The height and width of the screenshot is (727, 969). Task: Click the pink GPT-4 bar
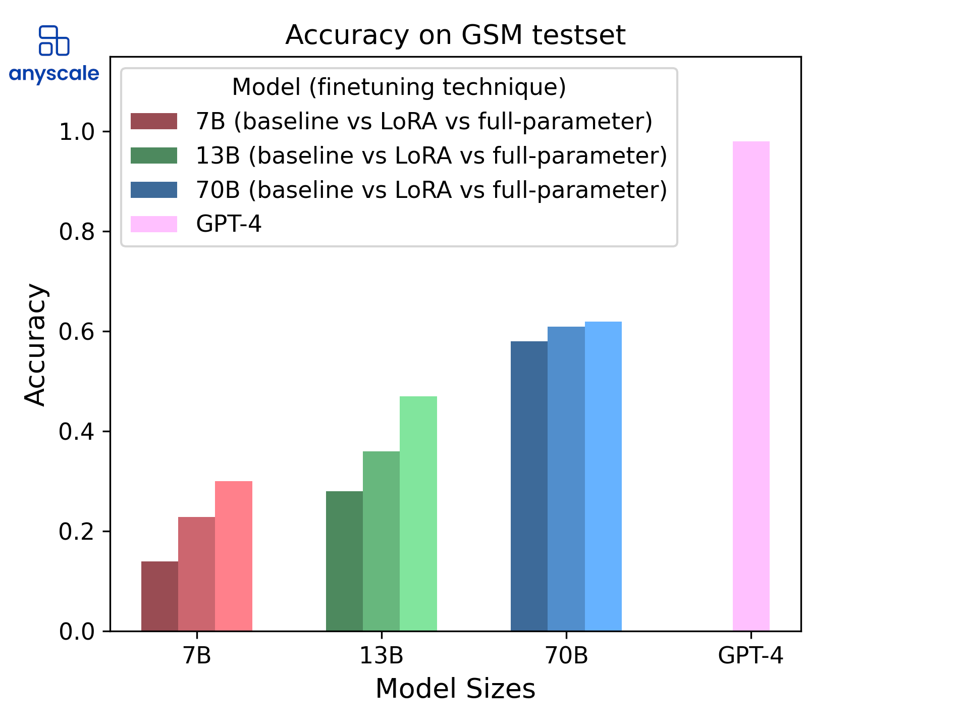[x=751, y=386]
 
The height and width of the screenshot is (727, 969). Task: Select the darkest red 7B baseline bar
[x=159, y=596]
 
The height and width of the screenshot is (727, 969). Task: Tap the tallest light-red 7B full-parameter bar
[x=234, y=555]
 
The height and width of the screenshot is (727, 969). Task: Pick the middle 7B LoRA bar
[x=196, y=574]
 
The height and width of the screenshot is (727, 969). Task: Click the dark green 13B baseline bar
[x=344, y=560]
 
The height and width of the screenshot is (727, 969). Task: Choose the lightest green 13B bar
[x=418, y=513]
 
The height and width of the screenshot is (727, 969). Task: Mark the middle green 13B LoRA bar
[x=381, y=541]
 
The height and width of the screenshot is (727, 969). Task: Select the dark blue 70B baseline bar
[x=529, y=486]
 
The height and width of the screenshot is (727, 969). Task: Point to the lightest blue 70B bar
[x=603, y=476]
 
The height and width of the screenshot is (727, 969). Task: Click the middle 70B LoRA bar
[x=566, y=479]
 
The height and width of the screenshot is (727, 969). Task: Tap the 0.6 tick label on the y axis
[x=77, y=332]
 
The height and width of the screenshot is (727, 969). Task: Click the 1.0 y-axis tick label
[x=77, y=132]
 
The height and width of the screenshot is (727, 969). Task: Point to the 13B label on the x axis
[x=381, y=656]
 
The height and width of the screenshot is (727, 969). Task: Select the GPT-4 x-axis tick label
[x=750, y=656]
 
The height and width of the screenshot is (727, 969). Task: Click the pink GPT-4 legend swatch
[x=154, y=224]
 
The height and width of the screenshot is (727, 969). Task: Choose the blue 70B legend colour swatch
[x=154, y=190]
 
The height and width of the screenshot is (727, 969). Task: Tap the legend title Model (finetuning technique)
[x=399, y=87]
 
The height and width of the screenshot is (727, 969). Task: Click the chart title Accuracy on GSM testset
[x=455, y=35]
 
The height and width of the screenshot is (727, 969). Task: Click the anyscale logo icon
[x=54, y=40]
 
